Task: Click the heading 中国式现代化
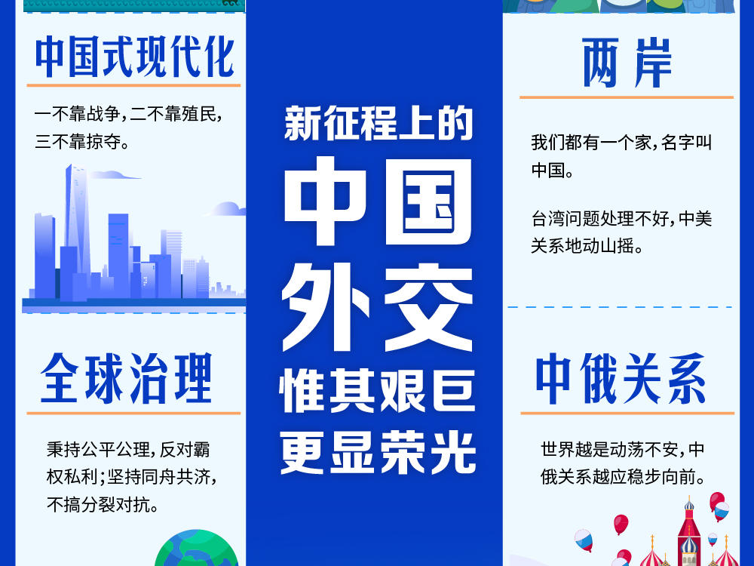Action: pos(135,57)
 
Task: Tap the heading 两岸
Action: pos(627,63)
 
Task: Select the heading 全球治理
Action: pos(126,378)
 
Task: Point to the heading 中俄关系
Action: pos(621,378)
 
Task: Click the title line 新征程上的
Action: pos(379,123)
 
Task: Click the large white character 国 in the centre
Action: pos(428,202)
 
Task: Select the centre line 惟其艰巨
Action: pos(378,390)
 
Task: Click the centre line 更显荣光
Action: pos(378,452)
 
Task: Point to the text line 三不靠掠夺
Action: pos(81,142)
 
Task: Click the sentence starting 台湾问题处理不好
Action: pos(621,232)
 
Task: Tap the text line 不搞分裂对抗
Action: pos(103,505)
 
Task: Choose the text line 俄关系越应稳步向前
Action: pos(623,477)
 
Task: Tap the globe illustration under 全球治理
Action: pos(197,549)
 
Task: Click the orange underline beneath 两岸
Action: pos(627,97)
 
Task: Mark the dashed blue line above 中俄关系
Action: pos(620,306)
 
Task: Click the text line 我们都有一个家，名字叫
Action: pos(621,143)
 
